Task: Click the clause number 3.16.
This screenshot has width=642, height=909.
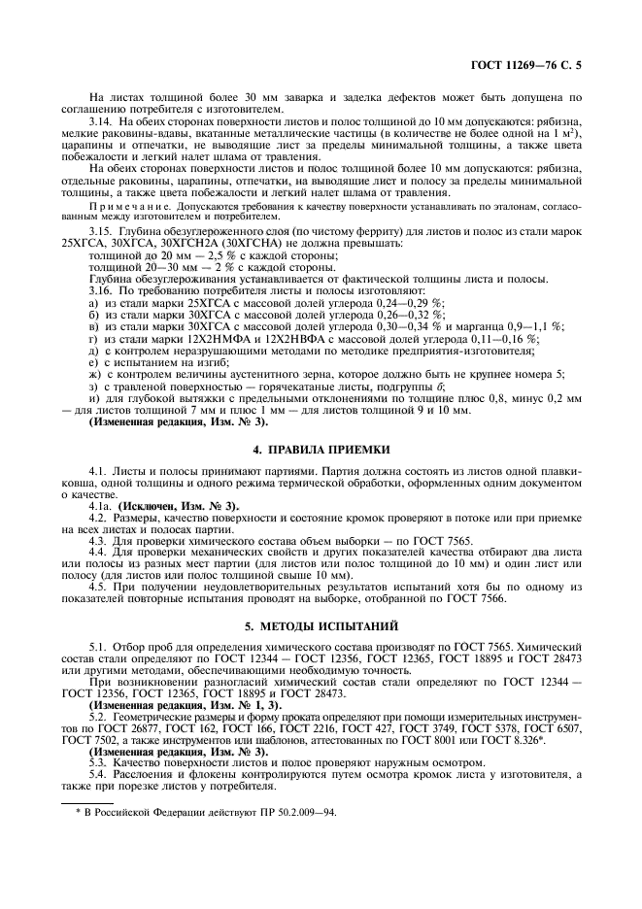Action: (x=100, y=290)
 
